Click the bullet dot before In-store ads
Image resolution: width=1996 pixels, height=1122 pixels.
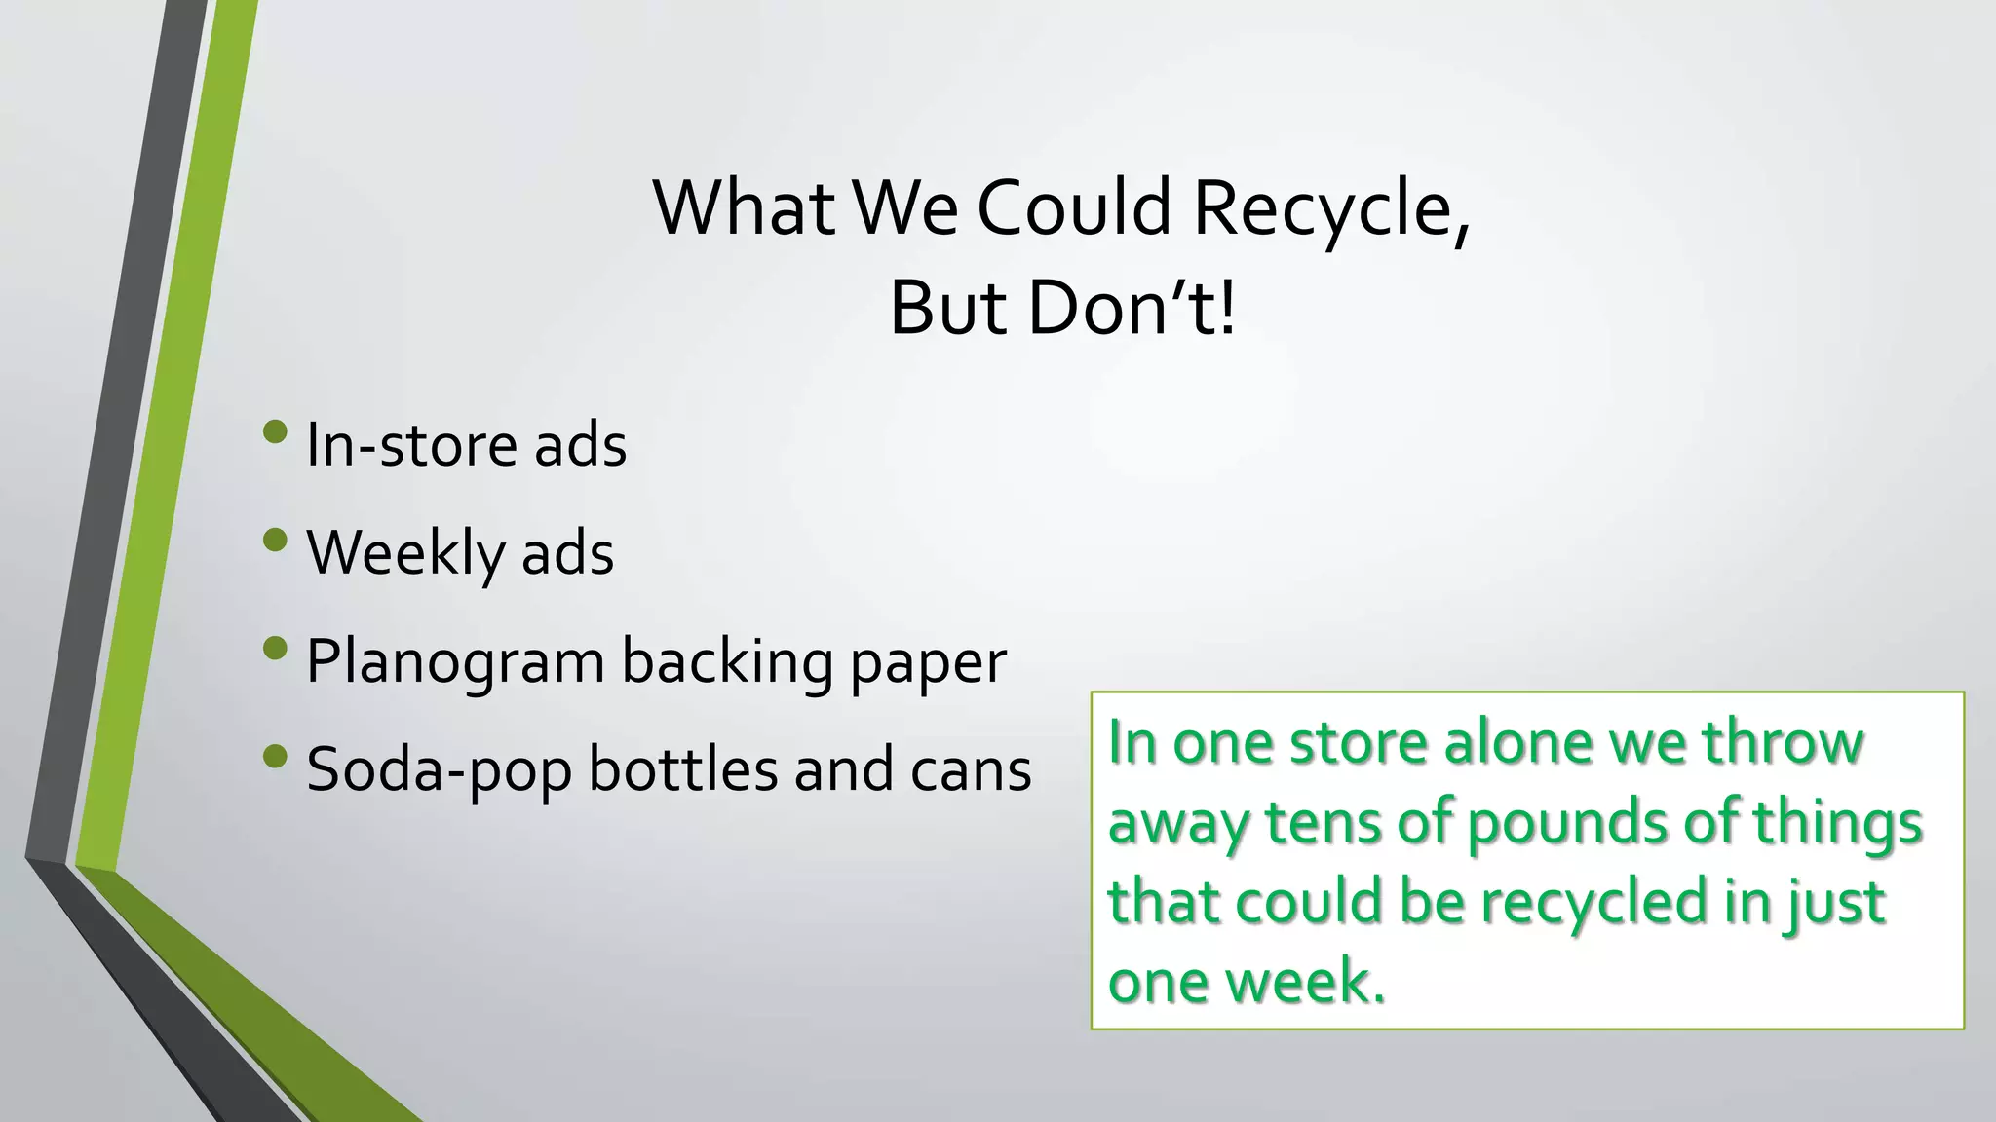tap(276, 430)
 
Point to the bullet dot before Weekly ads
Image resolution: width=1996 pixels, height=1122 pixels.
tap(276, 539)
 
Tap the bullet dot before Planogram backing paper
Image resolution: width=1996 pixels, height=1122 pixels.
tap(276, 647)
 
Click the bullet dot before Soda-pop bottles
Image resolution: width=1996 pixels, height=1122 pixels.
tap(276, 755)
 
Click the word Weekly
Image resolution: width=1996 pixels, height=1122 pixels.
tap(405, 554)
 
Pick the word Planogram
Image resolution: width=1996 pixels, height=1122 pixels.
tap(455, 663)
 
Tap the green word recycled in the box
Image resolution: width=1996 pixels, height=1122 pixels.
tap(1593, 902)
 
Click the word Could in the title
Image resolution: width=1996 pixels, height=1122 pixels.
tap(1073, 209)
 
